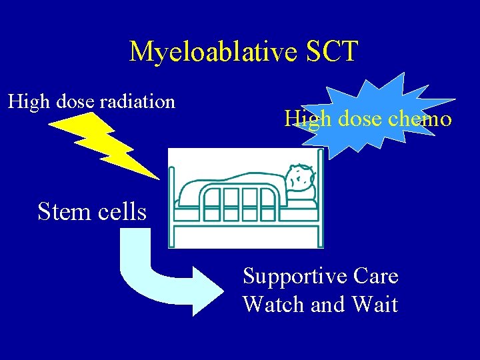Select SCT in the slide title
(x=331, y=51)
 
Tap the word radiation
(x=137, y=102)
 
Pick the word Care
(x=376, y=276)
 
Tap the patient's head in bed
(x=301, y=179)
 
